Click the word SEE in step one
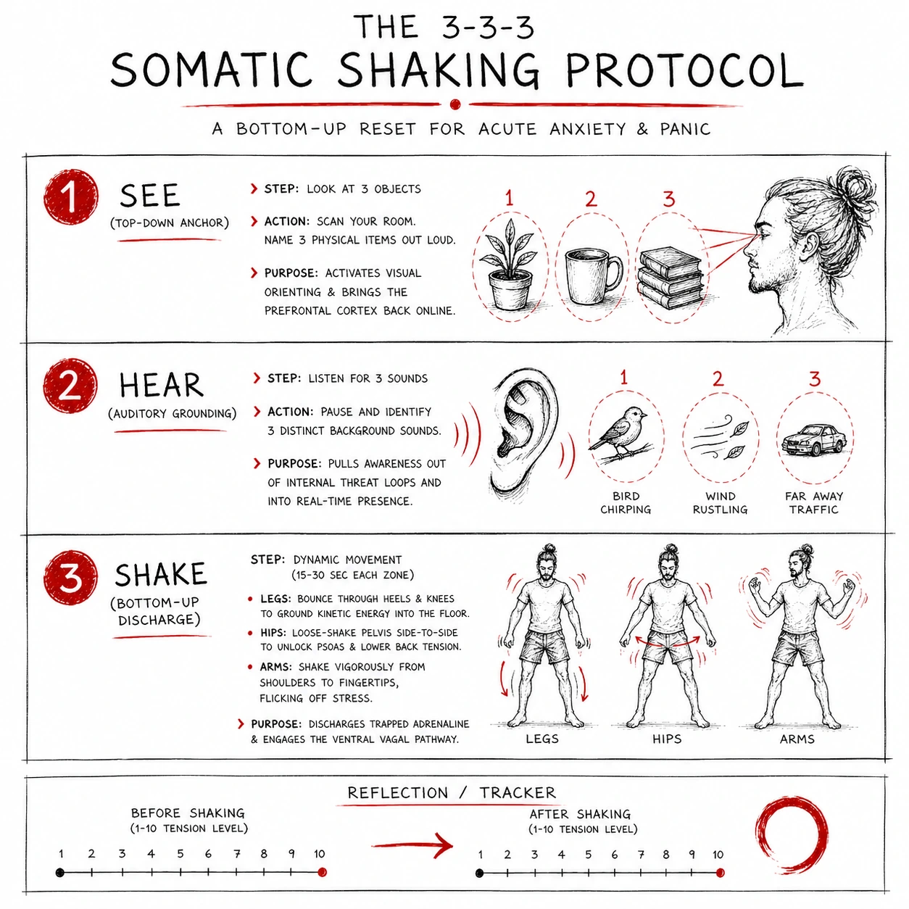150,195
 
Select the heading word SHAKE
160,575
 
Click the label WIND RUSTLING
721,503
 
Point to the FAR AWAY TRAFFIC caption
814,503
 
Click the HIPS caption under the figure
667,739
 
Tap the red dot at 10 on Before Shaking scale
322,872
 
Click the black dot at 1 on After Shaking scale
480,873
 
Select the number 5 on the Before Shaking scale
180,853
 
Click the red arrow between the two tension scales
412,844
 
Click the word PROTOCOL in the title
684,71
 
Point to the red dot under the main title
455,104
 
